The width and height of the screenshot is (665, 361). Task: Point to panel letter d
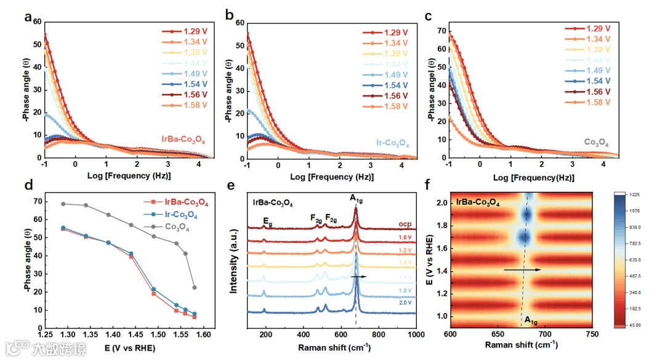click(28, 184)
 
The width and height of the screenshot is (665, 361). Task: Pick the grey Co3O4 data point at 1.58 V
click(195, 287)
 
